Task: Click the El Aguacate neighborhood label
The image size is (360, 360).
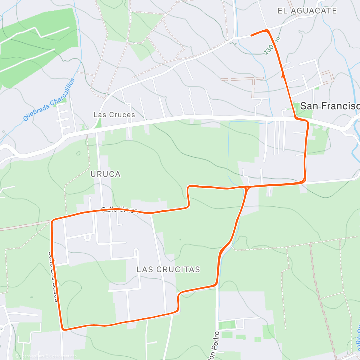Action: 307,11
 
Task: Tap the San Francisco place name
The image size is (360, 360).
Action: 329,106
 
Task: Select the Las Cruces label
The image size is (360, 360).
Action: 114,115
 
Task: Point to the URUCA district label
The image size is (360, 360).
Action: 106,174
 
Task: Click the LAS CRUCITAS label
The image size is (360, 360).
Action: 168,269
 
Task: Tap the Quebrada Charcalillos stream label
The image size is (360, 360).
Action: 49,100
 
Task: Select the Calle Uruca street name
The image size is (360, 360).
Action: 119,209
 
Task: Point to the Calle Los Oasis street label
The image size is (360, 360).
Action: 53,276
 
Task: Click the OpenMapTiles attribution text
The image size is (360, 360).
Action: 29,356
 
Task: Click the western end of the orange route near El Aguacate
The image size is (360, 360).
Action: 251,36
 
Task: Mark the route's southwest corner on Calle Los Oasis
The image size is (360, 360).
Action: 63,329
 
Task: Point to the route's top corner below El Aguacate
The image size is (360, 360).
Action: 267,30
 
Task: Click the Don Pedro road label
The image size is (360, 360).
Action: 213,345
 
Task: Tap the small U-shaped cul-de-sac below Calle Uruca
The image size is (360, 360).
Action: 87,238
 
